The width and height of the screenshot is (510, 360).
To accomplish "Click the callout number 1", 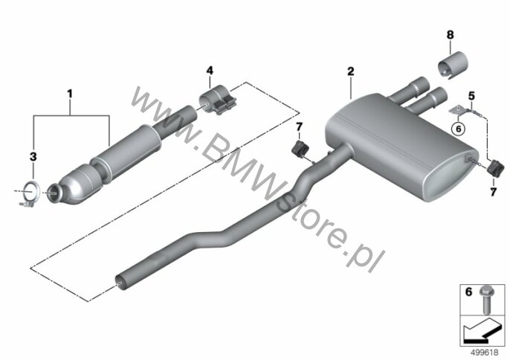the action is pos(70,94).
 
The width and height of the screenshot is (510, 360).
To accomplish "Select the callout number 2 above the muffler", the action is pos(350,71).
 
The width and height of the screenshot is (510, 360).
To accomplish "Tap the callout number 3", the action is pos(33,157).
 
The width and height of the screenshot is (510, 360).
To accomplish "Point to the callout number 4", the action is pos(210,71).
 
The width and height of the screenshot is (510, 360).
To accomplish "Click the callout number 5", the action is pos(471,96).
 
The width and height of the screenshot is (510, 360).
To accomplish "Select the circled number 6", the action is pos(458,129).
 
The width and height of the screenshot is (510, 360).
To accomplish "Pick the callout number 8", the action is pos(451,35).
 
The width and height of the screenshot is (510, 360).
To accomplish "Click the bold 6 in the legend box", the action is pos(468,292).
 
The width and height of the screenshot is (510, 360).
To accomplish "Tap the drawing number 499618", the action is pos(485,353).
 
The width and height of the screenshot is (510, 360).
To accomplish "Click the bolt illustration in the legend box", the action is pos(486,300).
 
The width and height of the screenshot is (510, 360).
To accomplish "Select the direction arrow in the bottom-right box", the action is pos(481,330).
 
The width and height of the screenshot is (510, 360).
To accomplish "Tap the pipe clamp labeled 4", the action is pos(216,99).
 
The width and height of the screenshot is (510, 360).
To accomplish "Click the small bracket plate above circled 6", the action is pos(457,110).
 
